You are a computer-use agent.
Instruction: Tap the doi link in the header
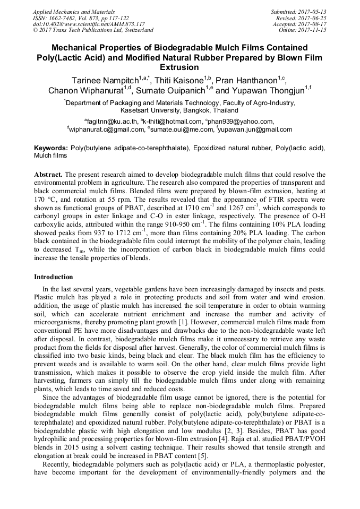(x=89, y=24)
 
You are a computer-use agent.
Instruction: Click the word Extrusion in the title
(x=179, y=67)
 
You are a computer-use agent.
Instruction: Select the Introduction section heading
(x=54, y=277)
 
